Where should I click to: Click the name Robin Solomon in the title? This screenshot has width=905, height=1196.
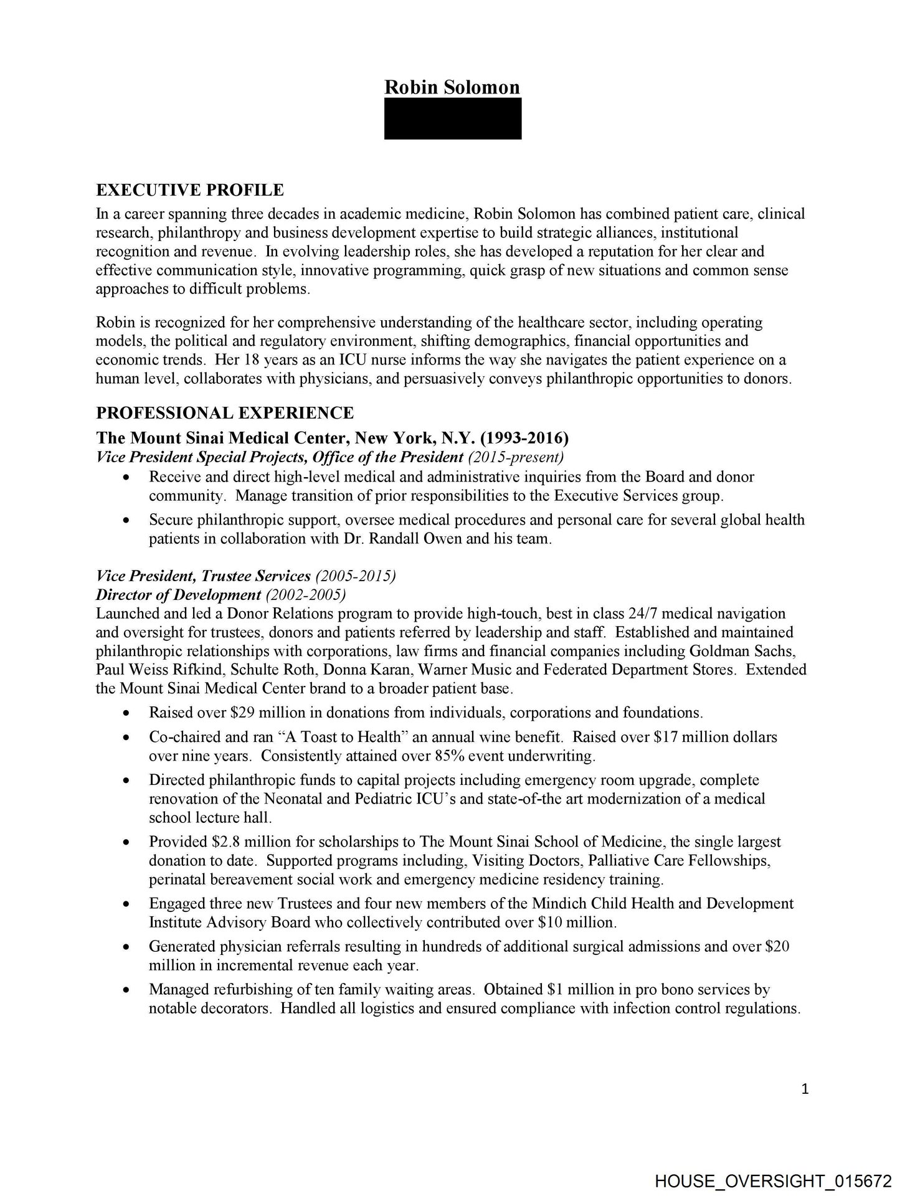coord(452,87)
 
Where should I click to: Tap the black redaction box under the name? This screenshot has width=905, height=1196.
coord(453,118)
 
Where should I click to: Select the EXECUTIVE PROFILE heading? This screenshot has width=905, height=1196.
coord(190,190)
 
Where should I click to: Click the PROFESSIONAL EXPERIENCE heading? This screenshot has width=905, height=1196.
coord(225,413)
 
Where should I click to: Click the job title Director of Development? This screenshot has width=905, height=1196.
coord(178,594)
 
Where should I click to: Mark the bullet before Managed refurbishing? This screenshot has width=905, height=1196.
coord(128,990)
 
